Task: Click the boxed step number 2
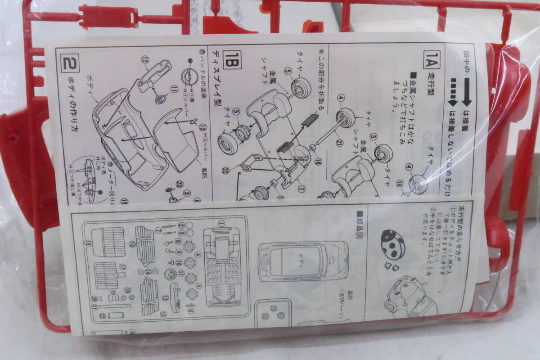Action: [x=70, y=61]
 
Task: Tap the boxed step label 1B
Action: [x=235, y=58]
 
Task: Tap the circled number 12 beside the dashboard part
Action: [x=144, y=60]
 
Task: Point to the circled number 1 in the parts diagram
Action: [x=221, y=223]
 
